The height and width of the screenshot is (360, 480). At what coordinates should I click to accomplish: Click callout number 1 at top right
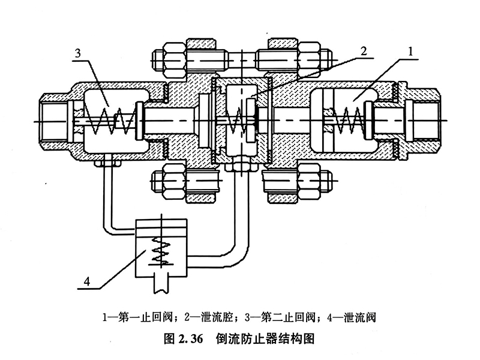[x=410, y=52]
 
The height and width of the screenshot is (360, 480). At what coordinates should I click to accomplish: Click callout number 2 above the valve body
[x=364, y=51]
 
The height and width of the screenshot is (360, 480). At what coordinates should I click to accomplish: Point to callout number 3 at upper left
[x=78, y=53]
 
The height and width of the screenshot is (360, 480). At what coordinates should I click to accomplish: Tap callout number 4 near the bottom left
[x=87, y=281]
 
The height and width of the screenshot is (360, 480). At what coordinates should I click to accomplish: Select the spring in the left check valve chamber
[x=110, y=121]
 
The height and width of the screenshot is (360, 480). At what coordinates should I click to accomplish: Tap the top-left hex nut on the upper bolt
[x=174, y=59]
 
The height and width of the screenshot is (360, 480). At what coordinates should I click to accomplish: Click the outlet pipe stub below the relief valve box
[x=161, y=284]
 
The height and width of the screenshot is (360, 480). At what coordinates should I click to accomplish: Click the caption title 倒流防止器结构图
[x=265, y=338]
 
